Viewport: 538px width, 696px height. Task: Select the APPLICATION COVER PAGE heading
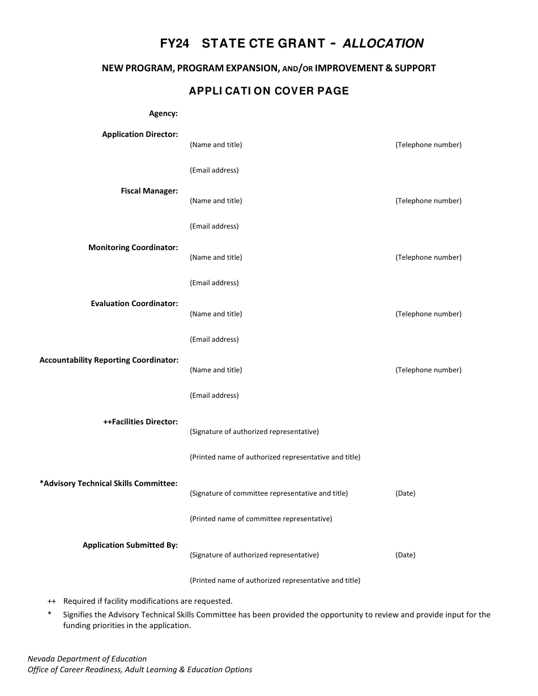pos(269,91)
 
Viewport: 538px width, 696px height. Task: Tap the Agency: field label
pos(163,114)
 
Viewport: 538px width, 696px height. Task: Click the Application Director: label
pos(140,135)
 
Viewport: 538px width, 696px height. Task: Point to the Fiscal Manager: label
pos(149,191)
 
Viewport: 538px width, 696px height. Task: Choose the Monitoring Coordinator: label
pos(133,248)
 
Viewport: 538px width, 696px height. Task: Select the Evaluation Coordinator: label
pos(134,304)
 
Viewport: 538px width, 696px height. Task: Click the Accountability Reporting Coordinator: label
pos(109,360)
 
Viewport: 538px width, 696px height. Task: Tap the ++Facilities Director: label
pos(140,422)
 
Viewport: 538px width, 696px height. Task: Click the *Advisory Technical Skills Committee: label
pos(109,484)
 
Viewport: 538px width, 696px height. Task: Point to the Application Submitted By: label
pos(130,545)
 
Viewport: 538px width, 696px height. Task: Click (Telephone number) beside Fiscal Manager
pos(428,201)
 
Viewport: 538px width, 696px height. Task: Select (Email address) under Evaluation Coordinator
pos(214,340)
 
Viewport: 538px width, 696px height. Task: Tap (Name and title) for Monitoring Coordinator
pos(216,257)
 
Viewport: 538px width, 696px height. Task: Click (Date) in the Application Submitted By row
pos(405,555)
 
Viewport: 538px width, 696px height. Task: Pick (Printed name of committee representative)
pos(261,519)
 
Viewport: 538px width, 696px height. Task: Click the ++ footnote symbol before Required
pos(52,602)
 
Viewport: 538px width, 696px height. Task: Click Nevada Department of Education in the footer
pos(87,659)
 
